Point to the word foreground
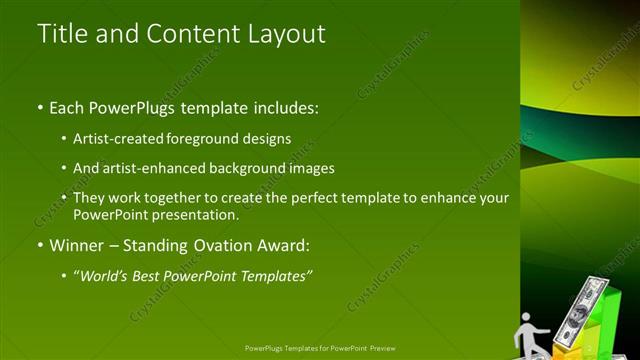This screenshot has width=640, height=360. pos(217,138)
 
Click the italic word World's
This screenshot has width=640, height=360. pos(108,275)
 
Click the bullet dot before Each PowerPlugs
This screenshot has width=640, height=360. pos(39,106)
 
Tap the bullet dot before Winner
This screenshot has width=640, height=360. pos(39,245)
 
